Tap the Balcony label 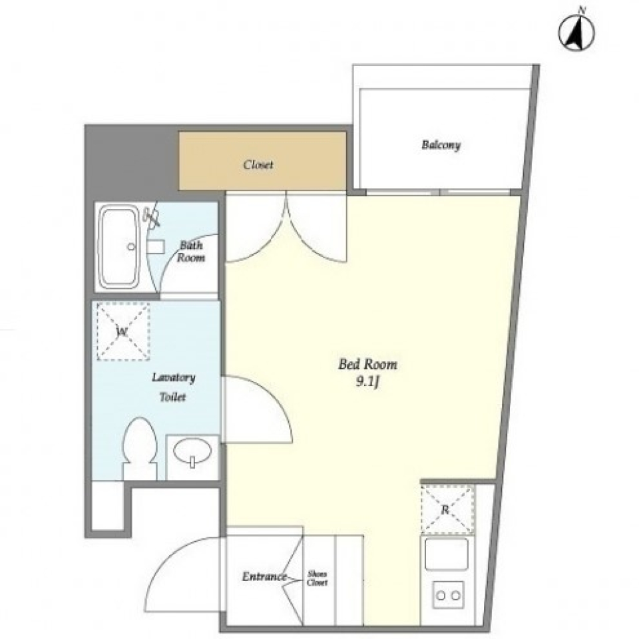pos(441,145)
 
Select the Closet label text pos(258,164)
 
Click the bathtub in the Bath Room pos(120,247)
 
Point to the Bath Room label pos(191,252)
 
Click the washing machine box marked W pos(123,331)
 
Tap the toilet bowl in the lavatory pos(140,448)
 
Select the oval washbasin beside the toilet pos(192,451)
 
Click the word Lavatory pos(174,378)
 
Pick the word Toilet pos(173,397)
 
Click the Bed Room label pos(367,364)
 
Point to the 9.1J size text pos(368,382)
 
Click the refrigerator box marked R pos(447,509)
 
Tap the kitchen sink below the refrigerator pos(447,554)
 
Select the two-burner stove pos(448,595)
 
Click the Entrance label pos(264,576)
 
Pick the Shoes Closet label pos(317,578)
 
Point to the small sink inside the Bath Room pos(156,247)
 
